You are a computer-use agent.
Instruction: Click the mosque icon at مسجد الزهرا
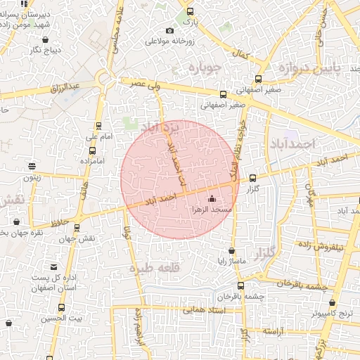212,199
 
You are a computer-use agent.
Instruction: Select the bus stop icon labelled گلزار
252,179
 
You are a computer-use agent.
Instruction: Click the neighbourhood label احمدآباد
293,143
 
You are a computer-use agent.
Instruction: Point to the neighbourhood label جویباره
205,68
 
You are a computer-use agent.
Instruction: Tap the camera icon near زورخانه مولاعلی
169,30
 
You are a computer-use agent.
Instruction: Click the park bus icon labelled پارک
189,12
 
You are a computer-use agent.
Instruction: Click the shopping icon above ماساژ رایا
232,251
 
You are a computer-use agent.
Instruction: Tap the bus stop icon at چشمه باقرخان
241,286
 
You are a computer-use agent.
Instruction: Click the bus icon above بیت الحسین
61,307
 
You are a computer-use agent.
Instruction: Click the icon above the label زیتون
32,166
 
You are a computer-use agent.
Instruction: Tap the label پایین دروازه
316,68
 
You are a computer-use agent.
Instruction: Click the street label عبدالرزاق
67,88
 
